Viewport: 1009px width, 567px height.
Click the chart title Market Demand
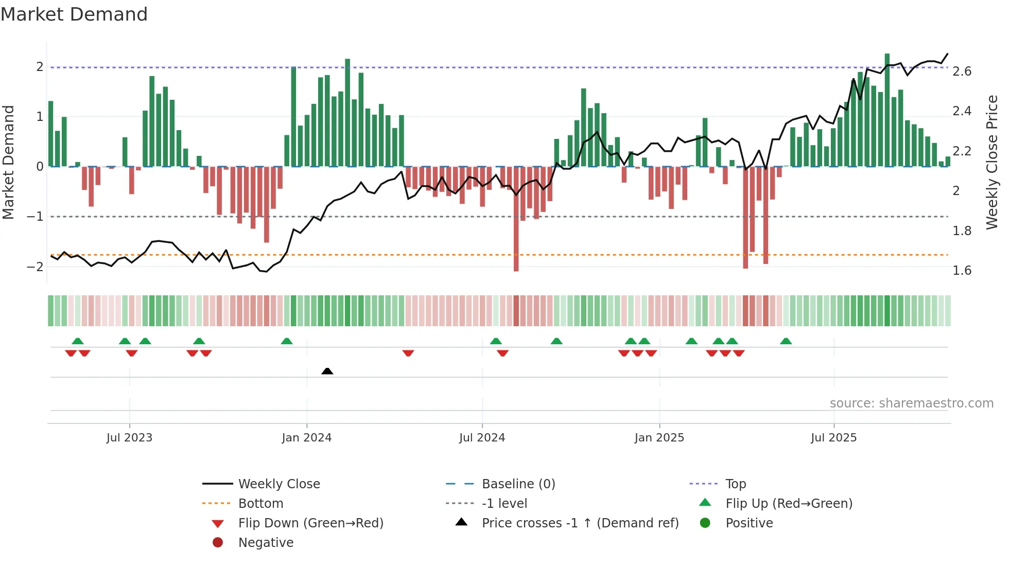(x=74, y=14)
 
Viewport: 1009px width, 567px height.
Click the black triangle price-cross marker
(x=327, y=371)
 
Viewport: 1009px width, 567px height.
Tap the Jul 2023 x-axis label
(x=129, y=438)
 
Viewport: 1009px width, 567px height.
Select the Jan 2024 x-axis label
(x=306, y=438)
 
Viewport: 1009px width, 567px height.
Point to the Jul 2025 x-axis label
(x=833, y=438)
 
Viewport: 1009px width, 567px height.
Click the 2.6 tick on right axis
(x=962, y=72)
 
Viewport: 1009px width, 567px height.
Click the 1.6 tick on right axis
(x=962, y=271)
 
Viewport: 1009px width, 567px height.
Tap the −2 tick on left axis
(x=35, y=267)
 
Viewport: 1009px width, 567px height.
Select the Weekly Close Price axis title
(x=992, y=162)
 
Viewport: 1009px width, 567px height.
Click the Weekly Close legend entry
(x=279, y=484)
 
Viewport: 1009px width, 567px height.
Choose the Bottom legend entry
(x=260, y=504)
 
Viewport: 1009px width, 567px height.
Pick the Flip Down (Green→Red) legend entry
(x=310, y=523)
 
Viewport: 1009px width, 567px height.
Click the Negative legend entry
(x=266, y=543)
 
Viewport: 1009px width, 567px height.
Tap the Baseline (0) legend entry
(x=518, y=484)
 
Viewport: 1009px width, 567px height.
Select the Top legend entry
(x=735, y=484)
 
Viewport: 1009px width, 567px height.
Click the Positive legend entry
(x=749, y=523)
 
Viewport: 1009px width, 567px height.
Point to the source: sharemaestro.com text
(x=911, y=403)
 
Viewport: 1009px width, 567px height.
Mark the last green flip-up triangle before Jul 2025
(x=786, y=341)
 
